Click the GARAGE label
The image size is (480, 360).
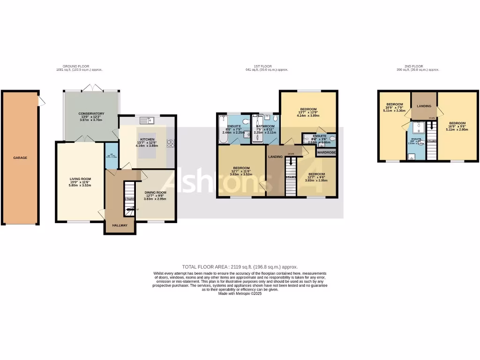pyautogui.click(x=20, y=157)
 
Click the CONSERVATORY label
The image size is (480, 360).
pyautogui.click(x=91, y=114)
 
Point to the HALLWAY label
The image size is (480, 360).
pyautogui.click(x=120, y=225)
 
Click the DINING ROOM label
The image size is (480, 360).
pyautogui.click(x=155, y=192)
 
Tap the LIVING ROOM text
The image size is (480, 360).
pyautogui.click(x=80, y=179)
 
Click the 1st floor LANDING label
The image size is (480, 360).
pyautogui.click(x=275, y=157)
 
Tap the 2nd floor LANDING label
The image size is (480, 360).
pyautogui.click(x=424, y=106)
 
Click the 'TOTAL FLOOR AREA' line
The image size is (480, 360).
pyautogui.click(x=240, y=266)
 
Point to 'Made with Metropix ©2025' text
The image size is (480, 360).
pyautogui.click(x=240, y=293)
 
